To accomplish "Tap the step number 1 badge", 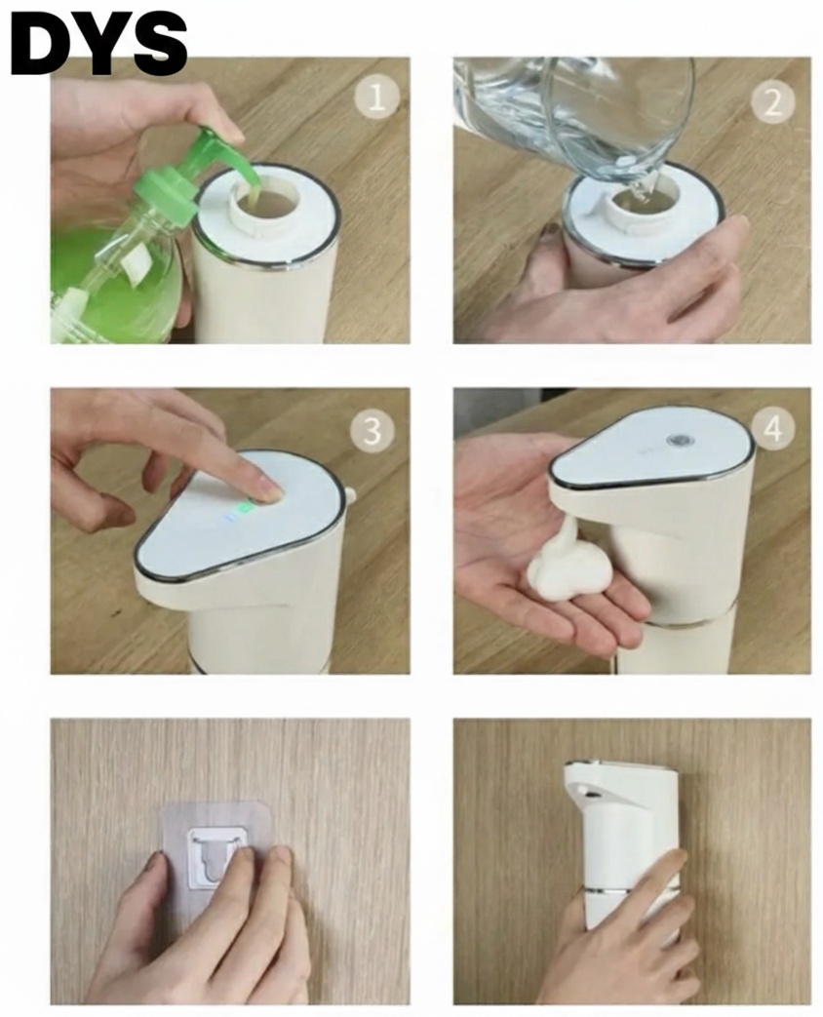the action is coord(376,97).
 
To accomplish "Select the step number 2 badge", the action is coord(773,101).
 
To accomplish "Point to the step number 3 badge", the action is coord(372,429).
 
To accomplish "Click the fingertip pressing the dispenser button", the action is coord(270,491).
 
